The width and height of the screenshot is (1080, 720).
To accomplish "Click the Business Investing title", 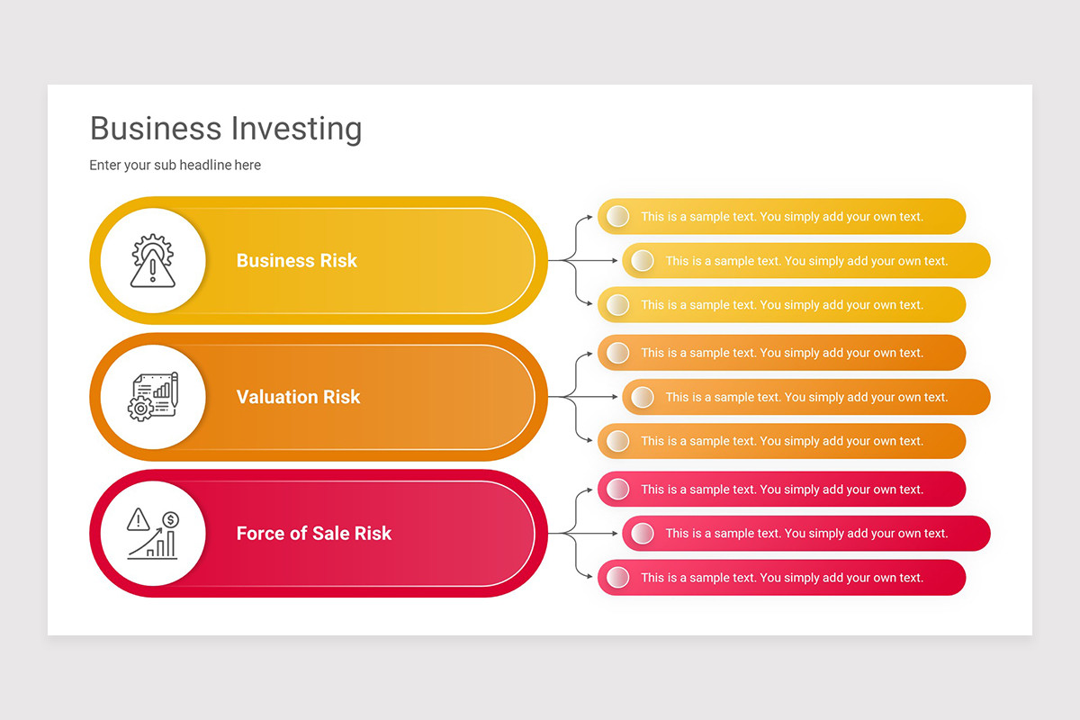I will [x=226, y=129].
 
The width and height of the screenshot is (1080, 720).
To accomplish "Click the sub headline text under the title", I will [x=175, y=166].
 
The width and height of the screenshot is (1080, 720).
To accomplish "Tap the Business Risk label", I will [x=296, y=261].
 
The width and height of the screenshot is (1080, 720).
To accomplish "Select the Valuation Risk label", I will [x=298, y=397].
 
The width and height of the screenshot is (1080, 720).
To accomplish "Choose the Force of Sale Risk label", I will [x=313, y=534].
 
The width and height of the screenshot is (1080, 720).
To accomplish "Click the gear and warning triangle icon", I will [x=152, y=261].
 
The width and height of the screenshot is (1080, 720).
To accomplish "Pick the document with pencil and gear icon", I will [x=152, y=397].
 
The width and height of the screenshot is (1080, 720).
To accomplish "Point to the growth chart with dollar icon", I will [x=152, y=534].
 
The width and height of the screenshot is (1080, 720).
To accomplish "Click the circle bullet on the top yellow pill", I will [x=617, y=216].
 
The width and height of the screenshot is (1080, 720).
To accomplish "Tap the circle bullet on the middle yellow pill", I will [x=642, y=261].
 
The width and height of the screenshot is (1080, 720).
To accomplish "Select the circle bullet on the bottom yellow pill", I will [x=617, y=305].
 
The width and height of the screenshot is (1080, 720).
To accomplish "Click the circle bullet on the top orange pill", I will [x=617, y=353].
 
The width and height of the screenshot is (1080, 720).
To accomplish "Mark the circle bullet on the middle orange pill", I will [x=642, y=397].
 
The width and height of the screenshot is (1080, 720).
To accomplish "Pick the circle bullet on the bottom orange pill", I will [x=617, y=441].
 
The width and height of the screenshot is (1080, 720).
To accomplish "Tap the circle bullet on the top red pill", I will [x=617, y=489].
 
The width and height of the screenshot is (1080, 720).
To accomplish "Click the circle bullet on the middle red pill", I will [x=642, y=534].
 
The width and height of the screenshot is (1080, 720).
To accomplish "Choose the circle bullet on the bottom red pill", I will [x=617, y=578].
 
